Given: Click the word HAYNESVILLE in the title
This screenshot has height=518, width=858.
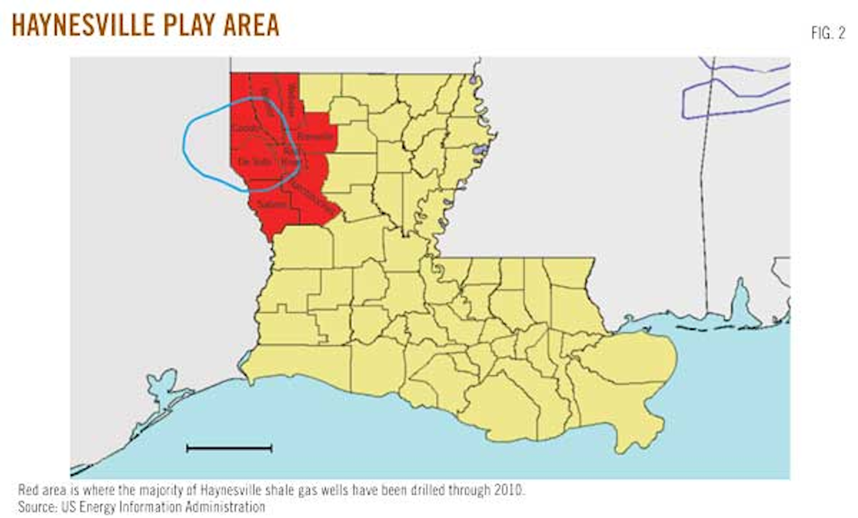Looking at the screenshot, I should click(81, 26).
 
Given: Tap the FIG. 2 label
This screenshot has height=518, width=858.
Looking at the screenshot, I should click(828, 33).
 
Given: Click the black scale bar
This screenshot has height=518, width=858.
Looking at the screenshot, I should click(229, 448).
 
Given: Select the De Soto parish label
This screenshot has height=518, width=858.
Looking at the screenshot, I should click(254, 162).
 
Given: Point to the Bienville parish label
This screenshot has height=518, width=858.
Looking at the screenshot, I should click(315, 137).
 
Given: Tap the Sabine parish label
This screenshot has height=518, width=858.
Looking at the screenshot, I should click(272, 204).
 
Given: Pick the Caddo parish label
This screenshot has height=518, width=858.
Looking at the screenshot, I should click(245, 129).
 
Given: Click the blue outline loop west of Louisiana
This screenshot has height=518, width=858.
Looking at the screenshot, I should click(185, 143).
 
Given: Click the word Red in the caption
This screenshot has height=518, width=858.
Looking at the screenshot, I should click(27, 491).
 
